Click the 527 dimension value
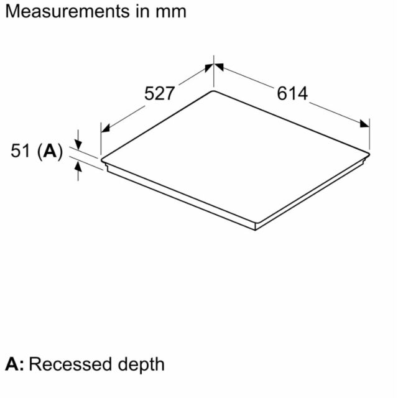[x=160, y=93]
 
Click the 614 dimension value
[x=292, y=93]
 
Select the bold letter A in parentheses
[x=50, y=151]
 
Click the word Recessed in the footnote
[x=70, y=364]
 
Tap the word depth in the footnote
[x=141, y=366]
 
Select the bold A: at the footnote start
[x=14, y=364]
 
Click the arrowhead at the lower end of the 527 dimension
[x=105, y=129]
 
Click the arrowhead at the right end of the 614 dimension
[x=365, y=124]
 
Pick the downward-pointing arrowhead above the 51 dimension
[x=78, y=144]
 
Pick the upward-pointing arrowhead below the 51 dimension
[x=78, y=167]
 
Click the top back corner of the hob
[x=213, y=91]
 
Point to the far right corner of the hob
[x=369, y=154]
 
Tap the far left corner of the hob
[x=101, y=160]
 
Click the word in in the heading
[x=141, y=12]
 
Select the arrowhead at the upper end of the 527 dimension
[x=209, y=68]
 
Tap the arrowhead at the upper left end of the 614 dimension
[x=218, y=67]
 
